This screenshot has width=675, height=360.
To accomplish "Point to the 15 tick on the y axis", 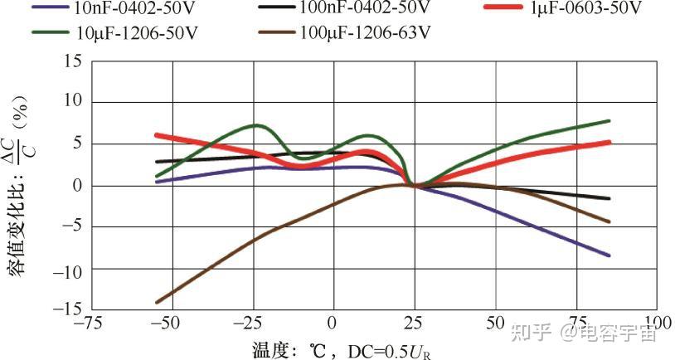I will click(x=74, y=61).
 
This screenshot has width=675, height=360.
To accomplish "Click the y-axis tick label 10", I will click(x=74, y=103).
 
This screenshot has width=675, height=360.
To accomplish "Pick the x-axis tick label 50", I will click(x=496, y=323).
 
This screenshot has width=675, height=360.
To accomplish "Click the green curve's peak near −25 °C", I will click(x=257, y=126).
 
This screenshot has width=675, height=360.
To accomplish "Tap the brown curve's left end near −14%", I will click(x=157, y=303).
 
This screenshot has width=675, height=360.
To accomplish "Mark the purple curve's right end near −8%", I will click(x=609, y=255).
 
